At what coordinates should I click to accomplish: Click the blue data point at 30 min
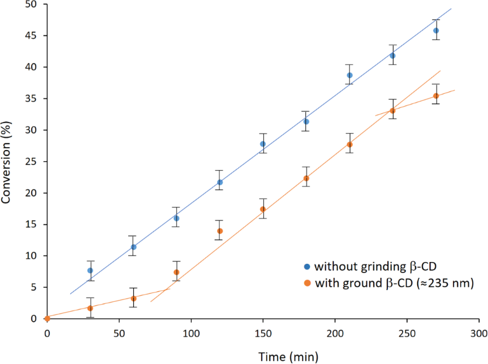90,270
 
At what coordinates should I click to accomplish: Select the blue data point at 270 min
436,30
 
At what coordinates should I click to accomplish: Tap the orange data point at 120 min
220,231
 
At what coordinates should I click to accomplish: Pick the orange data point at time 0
47,318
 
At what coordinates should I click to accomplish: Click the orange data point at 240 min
393,111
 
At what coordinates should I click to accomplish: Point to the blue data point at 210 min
349,75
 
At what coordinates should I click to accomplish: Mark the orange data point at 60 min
133,298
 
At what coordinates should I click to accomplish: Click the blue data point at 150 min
263,144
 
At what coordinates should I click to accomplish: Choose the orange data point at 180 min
306,178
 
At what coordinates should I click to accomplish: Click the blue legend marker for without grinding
307,267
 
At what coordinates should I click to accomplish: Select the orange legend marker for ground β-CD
307,284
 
